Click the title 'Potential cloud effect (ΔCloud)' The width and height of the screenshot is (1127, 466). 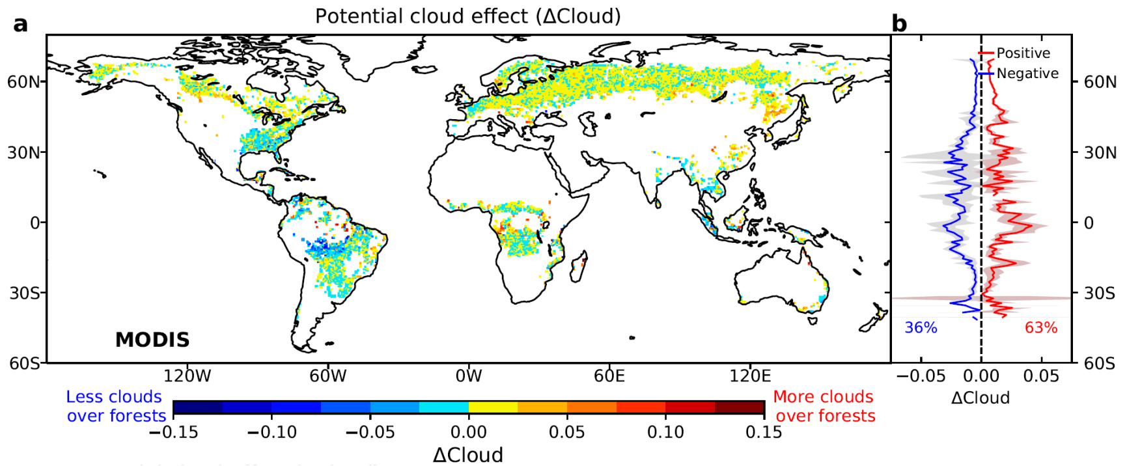pos(467,16)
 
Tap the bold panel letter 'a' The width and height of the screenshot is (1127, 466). pos(21,25)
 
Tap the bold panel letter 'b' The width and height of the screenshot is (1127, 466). pos(899,24)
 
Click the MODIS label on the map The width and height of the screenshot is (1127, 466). pos(152,340)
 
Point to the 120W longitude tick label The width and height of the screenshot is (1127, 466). pos(188,376)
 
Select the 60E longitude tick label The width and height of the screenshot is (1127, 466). pos(609,376)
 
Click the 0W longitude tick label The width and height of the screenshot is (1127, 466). pos(468,376)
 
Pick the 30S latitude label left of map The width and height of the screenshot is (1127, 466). pos(24,293)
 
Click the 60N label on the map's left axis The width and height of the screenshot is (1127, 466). pos(25,82)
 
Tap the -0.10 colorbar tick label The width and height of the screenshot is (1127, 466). pos(271,432)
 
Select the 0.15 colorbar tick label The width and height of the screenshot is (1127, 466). pos(763,432)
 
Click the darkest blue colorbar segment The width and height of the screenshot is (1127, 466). pos(198,408)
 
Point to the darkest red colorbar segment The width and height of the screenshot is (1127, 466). pos(739,408)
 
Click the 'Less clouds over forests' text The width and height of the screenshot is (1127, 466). pos(115,406)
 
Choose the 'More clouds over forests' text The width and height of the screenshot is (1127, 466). pos(824,406)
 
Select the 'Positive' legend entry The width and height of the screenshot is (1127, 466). pos(1023,53)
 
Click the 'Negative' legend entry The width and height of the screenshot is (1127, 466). pos(1027,74)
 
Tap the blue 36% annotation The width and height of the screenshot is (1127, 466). pos(921,328)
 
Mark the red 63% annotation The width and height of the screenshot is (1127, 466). pos(1041,328)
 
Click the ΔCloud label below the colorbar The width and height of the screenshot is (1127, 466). pos(467,454)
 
